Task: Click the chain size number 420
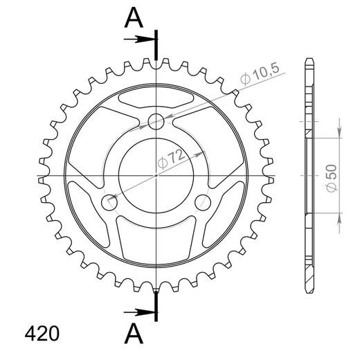click(42, 334)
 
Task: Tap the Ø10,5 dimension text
click(260, 73)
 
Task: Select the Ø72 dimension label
click(171, 159)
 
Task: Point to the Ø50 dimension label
click(332, 178)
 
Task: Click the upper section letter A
click(134, 17)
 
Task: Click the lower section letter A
click(134, 333)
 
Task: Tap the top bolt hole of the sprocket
click(156, 121)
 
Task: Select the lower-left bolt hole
click(109, 202)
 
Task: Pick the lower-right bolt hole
click(203, 202)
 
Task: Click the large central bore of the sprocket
click(156, 176)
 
